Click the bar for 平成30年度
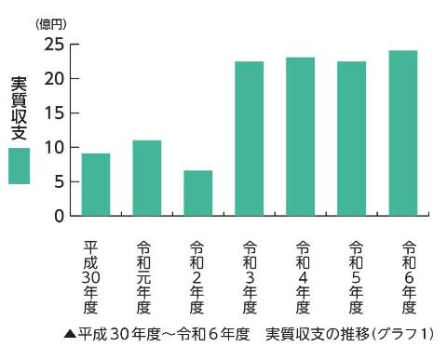click(96, 184)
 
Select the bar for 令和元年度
click(147, 178)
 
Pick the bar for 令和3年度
click(250, 139)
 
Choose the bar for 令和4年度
click(301, 137)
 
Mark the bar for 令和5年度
click(352, 139)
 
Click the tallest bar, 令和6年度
click(403, 133)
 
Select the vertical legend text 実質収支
click(19, 109)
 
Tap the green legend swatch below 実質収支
click(19, 166)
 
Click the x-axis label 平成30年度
click(91, 277)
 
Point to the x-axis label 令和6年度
click(408, 277)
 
